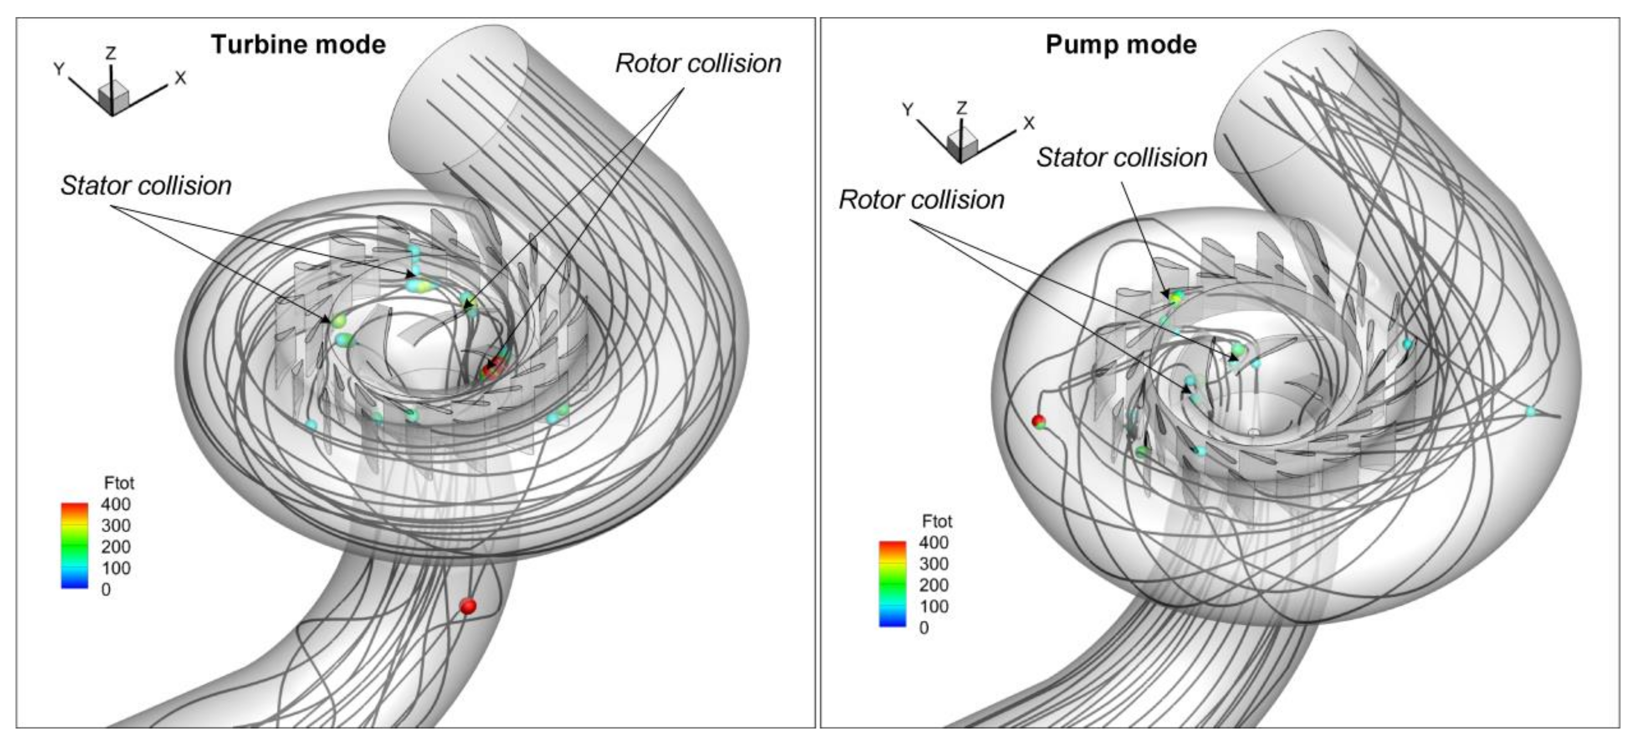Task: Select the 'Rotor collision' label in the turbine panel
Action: pos(698,64)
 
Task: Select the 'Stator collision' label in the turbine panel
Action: pos(146,186)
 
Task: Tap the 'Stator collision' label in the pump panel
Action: pos(1121,157)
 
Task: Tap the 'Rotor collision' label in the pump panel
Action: pos(921,200)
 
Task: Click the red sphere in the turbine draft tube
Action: pos(468,606)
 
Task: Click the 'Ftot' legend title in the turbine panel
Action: pos(119,483)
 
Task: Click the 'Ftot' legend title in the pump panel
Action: pos(936,521)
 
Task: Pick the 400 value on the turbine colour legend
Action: pos(115,504)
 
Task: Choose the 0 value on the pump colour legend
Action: pos(924,628)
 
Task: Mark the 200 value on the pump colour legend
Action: pos(933,585)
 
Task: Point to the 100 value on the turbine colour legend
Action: pos(115,568)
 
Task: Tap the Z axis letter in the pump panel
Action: pos(962,108)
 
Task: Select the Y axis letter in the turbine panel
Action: pos(59,69)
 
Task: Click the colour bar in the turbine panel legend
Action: pos(74,545)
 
